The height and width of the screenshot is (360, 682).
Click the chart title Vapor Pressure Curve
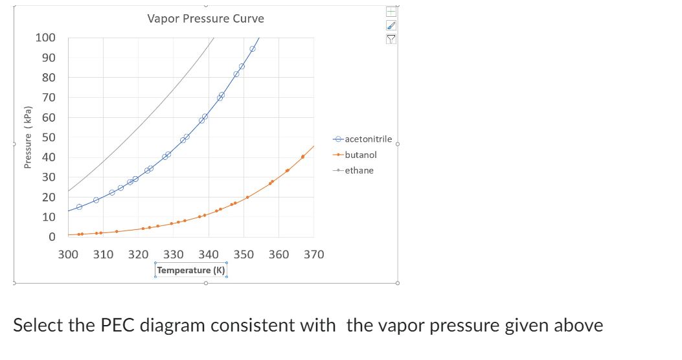coord(205,19)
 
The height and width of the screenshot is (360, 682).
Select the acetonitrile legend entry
coord(368,139)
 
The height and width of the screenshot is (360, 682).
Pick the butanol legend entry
coord(361,155)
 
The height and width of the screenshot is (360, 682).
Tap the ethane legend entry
coord(359,170)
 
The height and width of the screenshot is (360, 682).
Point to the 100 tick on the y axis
coord(45,38)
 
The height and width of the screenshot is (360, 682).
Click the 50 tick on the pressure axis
coord(49,137)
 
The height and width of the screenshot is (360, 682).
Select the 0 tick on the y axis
coord(52,237)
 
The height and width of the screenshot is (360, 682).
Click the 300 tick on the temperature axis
coord(69,254)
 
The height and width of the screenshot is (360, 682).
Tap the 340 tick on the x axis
coord(209,254)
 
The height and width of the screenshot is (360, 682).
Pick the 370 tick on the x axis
coord(313,254)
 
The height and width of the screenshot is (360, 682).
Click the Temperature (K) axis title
coord(191,270)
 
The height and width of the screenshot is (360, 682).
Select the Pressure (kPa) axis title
coord(28,137)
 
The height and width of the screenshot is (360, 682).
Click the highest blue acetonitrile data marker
coord(253,49)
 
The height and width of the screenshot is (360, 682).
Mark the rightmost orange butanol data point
coord(302,157)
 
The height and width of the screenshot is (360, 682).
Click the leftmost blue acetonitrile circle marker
coord(79,207)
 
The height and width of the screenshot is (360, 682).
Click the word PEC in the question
coord(119,324)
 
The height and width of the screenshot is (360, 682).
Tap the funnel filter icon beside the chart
coord(391,38)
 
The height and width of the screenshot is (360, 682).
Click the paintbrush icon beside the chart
coord(391,25)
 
